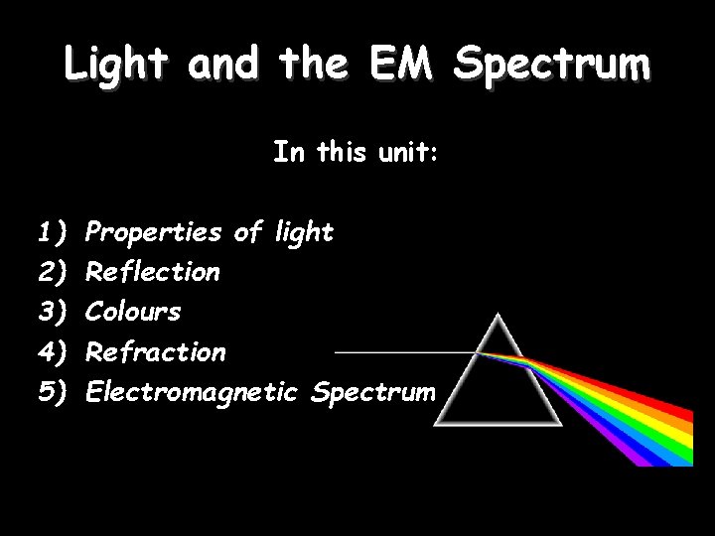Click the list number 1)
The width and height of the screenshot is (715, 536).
coord(51,233)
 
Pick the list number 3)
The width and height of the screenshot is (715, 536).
coord(51,312)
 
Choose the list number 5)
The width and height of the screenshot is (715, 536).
coord(51,392)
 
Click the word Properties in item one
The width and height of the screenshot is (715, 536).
coord(153,233)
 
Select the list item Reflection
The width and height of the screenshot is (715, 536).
coord(153,272)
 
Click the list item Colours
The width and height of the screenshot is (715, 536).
coord(133,312)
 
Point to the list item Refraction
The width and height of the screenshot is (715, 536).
coord(156,352)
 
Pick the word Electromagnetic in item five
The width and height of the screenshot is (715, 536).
coord(192,392)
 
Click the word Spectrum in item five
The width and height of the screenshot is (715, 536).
coord(372,392)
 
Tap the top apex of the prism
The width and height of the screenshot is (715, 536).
coord(500,314)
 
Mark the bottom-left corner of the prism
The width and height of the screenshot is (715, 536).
coord(436,424)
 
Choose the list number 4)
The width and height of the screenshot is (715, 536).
coord(51,352)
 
